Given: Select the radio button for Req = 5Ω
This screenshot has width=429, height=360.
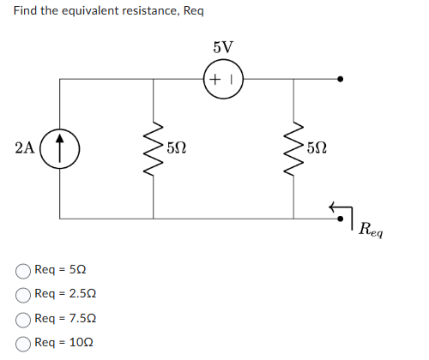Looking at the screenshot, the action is [x=23, y=271].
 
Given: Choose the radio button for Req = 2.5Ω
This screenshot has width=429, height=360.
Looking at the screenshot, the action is [x=23, y=295].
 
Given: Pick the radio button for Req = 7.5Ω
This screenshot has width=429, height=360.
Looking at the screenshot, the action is [x=23, y=320].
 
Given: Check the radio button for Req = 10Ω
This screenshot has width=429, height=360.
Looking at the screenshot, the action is [x=23, y=344].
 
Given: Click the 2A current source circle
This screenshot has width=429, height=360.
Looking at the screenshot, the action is [x=39, y=149].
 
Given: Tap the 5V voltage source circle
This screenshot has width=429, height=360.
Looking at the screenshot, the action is [x=203, y=79].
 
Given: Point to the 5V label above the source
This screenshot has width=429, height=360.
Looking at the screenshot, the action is [x=223, y=47].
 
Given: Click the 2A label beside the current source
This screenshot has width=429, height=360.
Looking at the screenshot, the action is [x=25, y=148].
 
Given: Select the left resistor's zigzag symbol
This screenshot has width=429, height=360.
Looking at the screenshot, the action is [x=154, y=148].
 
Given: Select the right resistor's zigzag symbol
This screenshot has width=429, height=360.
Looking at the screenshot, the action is [x=293, y=148].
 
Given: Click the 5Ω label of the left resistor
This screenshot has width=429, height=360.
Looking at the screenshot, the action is [x=177, y=148].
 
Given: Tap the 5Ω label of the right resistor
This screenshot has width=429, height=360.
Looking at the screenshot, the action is [x=317, y=148].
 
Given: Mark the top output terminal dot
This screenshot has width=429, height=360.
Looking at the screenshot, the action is [x=340, y=79].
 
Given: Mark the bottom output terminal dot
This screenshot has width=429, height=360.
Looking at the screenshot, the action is [x=340, y=219].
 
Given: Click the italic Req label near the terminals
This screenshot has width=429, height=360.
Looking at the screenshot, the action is [x=371, y=230].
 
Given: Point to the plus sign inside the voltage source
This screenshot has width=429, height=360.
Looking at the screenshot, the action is [x=214, y=79].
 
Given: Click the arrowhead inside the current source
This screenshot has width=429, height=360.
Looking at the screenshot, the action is [x=59, y=138].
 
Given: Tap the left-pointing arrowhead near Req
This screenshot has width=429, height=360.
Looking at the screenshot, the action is [x=332, y=207].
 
